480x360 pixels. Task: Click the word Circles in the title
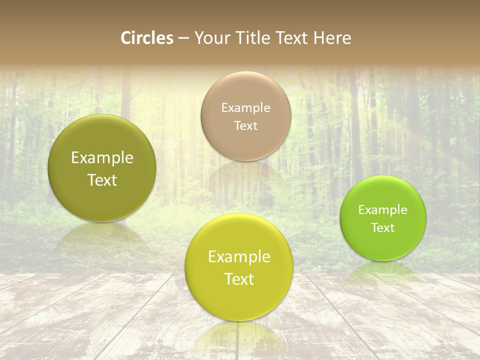146,38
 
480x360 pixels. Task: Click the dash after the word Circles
183,38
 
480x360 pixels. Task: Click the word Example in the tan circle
245,107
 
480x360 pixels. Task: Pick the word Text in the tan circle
245,126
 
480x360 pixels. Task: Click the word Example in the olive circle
102,158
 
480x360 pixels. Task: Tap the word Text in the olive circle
102,180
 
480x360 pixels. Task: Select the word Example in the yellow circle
239,257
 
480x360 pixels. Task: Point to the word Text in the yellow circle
239,279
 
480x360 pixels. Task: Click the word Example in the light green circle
383,209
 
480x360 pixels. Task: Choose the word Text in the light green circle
383,228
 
